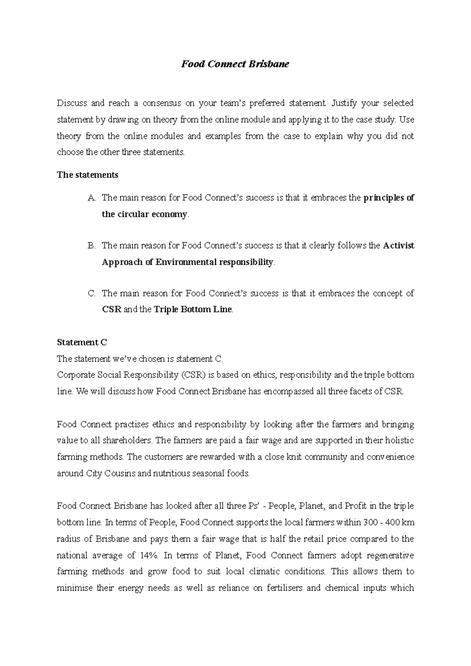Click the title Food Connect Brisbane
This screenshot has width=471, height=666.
(x=235, y=64)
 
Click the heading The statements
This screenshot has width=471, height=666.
(x=88, y=175)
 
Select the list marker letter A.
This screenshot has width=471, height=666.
(x=91, y=198)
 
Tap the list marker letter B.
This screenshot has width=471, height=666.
(x=91, y=246)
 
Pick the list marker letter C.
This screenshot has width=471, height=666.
(x=91, y=293)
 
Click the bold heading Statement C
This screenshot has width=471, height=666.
(x=82, y=342)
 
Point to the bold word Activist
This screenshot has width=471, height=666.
(x=398, y=246)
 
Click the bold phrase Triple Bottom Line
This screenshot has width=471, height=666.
(x=193, y=309)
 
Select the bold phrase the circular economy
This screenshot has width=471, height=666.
(x=144, y=215)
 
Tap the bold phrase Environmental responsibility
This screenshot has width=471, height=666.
(x=214, y=262)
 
